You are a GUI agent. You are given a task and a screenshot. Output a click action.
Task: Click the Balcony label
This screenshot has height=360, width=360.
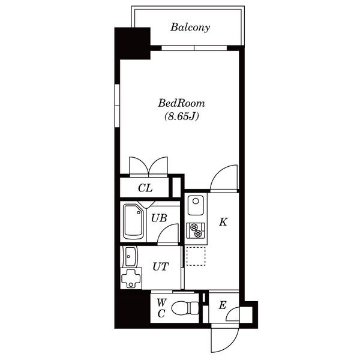coord(190,28)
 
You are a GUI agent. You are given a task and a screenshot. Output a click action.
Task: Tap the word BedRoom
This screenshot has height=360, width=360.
coord(181,103)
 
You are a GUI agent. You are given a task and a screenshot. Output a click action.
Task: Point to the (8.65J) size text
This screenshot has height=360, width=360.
coord(181,116)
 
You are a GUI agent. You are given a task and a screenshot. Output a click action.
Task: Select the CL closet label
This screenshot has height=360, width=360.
coord(145,188)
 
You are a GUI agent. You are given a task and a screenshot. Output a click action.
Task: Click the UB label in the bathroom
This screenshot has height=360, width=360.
coord(159,218)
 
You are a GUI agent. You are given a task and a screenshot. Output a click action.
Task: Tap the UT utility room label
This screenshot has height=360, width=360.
coord(161,266)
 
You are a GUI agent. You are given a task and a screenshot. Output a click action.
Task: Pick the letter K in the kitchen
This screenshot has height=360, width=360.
coord(223,222)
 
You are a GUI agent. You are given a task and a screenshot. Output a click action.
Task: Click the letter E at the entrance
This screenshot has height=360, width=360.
coord(223,305)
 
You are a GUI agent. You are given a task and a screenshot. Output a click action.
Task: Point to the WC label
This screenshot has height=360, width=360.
coord(161,308)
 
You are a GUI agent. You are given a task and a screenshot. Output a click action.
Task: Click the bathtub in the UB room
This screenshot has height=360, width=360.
coord(133,221)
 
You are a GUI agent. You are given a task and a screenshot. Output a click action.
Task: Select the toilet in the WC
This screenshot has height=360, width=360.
coord(185,308)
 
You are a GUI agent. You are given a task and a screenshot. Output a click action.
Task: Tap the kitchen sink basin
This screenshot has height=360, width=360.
coord(196,205)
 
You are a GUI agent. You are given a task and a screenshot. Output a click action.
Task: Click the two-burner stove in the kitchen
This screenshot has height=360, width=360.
coord(196,230)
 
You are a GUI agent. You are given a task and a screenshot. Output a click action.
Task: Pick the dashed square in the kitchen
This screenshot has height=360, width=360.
coord(196,256)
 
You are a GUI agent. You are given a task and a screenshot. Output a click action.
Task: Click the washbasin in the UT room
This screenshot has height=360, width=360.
coord(130,256)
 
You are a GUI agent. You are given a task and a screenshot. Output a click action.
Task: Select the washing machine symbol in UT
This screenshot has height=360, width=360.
coord(131,278)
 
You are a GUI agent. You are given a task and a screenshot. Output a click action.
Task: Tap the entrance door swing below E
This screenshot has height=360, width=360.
coord(225,337)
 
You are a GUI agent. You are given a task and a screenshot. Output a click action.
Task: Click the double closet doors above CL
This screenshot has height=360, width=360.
coord(149,166)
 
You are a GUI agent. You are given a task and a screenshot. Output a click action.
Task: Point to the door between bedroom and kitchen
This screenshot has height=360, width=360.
coord(224,178)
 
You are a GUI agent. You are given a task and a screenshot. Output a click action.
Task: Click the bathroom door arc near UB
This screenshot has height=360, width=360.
coord(168,233)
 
